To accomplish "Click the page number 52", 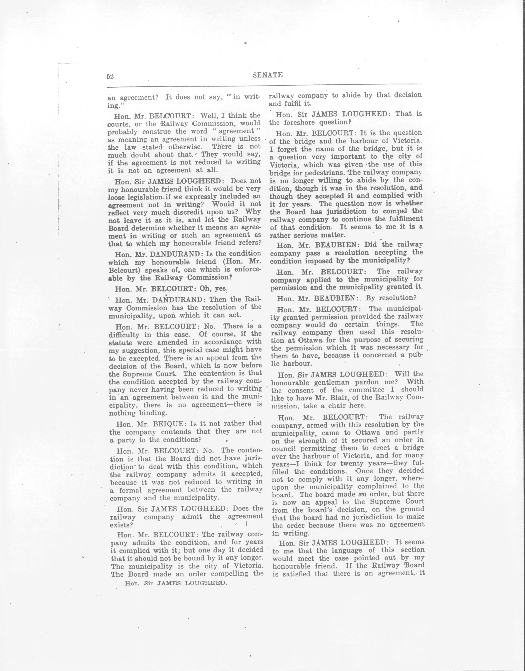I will coord(110,76).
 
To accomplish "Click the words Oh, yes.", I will coord(214,289).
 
